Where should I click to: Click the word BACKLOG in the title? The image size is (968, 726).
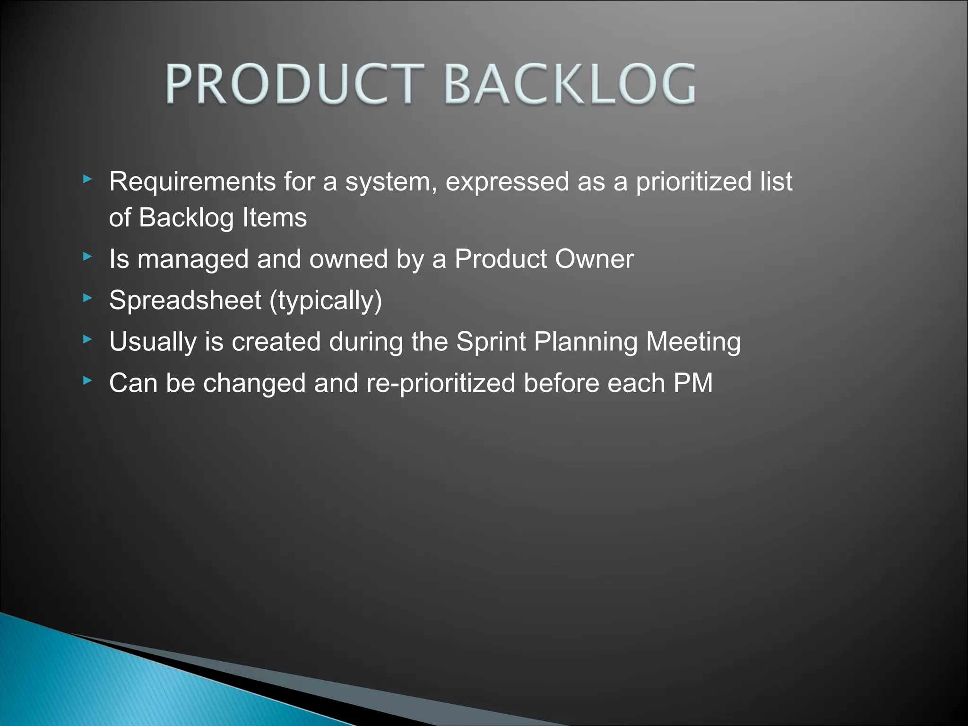pyautogui.click(x=570, y=85)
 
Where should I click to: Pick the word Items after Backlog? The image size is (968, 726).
pyautogui.click(x=275, y=218)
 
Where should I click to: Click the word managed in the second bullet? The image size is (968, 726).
pyautogui.click(x=193, y=260)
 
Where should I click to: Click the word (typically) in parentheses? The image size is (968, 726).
pyautogui.click(x=326, y=301)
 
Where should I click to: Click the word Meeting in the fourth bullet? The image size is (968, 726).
pyautogui.click(x=693, y=342)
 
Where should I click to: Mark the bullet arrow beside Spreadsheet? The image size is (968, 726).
pyautogui.click(x=87, y=298)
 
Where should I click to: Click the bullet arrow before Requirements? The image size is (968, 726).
pyautogui.click(x=87, y=179)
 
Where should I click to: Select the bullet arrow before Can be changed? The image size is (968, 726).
pyautogui.click(x=87, y=380)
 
